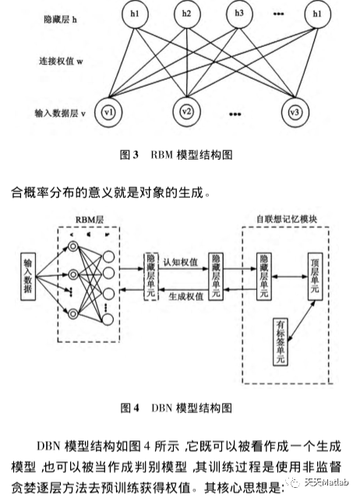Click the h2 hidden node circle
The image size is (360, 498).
pyautogui.click(x=185, y=14)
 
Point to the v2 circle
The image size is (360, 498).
pyautogui.click(x=185, y=111)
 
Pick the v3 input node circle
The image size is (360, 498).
pyautogui.click(x=294, y=111)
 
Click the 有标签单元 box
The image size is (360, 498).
pyautogui.click(x=280, y=341)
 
